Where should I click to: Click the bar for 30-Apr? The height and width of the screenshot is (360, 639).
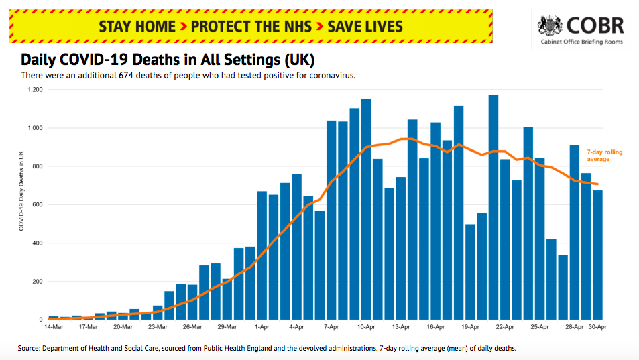point(597,255)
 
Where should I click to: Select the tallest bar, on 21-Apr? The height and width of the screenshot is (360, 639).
point(493,208)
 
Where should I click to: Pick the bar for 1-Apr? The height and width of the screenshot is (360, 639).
point(262,255)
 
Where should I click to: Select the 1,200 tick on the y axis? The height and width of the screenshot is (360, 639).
point(35,89)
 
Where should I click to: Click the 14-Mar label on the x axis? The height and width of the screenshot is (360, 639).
point(54,328)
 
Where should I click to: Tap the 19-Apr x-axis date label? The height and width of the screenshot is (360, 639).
point(470,328)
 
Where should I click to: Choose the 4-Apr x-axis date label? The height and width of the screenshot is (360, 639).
point(296,328)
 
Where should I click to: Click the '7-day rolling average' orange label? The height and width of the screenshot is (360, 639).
point(604,156)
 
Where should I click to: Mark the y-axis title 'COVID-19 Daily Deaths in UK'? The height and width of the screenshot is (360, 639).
point(21,190)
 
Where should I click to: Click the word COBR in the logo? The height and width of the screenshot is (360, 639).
point(595,26)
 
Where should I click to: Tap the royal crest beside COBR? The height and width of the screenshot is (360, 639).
point(550,26)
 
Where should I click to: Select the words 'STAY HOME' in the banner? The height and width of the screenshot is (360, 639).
point(137,27)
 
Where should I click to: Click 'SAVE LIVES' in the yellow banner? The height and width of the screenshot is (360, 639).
point(365,27)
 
